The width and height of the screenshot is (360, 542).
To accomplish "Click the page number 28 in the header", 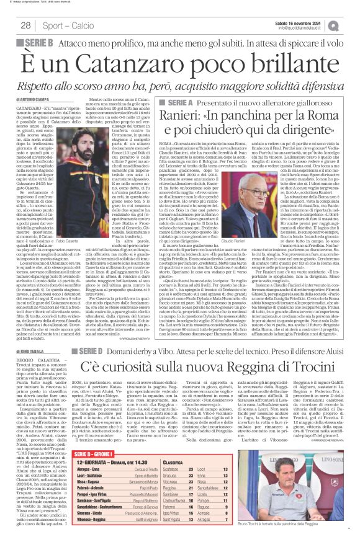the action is coord(26,25).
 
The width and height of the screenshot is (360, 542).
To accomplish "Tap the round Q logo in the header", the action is coord(350,25).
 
